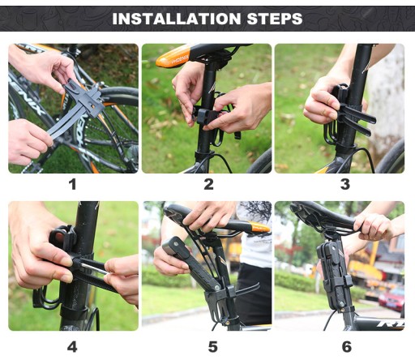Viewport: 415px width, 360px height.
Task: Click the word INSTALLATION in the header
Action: click(x=176, y=19)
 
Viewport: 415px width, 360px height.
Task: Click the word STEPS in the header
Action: click(x=275, y=19)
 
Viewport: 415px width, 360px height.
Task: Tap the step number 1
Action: click(x=72, y=185)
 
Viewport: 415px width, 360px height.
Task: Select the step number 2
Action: click(x=208, y=185)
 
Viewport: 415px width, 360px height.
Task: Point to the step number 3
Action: click(x=345, y=185)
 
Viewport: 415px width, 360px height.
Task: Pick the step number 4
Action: click(x=72, y=347)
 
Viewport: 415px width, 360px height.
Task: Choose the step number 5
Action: click(x=212, y=347)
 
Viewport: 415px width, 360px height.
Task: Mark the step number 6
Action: click(x=347, y=347)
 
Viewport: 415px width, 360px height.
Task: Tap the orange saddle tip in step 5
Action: click(x=259, y=227)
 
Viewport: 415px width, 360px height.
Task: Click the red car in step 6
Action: click(x=391, y=299)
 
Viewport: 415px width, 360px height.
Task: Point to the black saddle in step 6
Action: click(x=324, y=216)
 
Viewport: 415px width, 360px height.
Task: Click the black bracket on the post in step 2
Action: click(x=206, y=116)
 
